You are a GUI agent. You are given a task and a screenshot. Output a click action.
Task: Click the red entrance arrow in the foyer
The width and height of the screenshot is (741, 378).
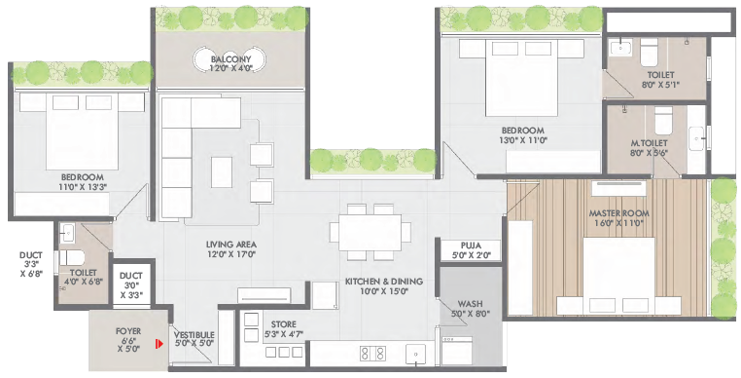pyautogui.click(x=160, y=343)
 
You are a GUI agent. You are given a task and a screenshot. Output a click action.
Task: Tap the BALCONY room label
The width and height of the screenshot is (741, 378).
pyautogui.click(x=231, y=59)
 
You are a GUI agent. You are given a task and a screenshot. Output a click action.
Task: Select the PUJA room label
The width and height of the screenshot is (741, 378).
pyautogui.click(x=471, y=246)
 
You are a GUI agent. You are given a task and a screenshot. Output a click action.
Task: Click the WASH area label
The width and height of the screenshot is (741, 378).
pyautogui.click(x=470, y=304)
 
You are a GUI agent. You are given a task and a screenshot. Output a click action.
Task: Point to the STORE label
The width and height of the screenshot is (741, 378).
pyautogui.click(x=284, y=324)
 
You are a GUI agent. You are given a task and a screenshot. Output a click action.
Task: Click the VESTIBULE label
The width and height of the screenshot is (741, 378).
pyautogui.click(x=194, y=335)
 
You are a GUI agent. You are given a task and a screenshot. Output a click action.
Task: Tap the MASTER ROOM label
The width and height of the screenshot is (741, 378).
pyautogui.click(x=618, y=213)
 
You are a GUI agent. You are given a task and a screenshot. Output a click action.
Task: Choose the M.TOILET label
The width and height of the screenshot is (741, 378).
pyautogui.click(x=649, y=143)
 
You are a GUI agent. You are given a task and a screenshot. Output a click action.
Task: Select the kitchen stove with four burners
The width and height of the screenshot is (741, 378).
pyautogui.click(x=372, y=354)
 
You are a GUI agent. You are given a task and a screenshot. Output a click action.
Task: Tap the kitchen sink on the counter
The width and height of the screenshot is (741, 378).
pyautogui.click(x=415, y=355)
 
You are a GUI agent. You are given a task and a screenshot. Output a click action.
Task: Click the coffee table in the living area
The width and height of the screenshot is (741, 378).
pyautogui.click(x=222, y=171)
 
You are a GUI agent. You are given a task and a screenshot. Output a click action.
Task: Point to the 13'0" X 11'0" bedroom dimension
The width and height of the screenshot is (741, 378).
pyautogui.click(x=522, y=140)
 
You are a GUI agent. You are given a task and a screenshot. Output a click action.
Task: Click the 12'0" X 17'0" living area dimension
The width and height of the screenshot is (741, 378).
pyautogui.click(x=231, y=254)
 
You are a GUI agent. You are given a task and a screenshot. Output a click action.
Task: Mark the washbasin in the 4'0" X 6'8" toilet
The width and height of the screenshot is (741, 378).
pyautogui.click(x=67, y=233)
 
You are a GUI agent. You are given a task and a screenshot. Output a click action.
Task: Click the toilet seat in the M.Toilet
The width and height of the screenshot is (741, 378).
pyautogui.click(x=663, y=120)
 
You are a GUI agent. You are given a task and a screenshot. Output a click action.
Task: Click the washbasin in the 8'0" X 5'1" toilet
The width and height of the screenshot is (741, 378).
pyautogui.click(x=618, y=48)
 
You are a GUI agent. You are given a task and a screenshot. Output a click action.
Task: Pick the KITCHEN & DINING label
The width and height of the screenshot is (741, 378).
pyautogui.click(x=384, y=282)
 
